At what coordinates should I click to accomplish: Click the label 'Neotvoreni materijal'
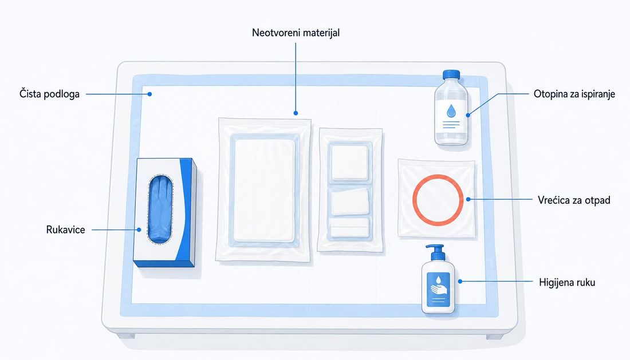point(296,33)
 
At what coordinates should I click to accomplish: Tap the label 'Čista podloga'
point(49,94)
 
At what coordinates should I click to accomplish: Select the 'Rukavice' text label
point(65,230)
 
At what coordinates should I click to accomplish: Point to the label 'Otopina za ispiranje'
point(574,94)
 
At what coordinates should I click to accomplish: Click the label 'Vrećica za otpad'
point(574,200)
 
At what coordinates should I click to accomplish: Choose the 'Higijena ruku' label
point(567,282)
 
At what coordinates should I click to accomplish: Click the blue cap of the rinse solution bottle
point(451,75)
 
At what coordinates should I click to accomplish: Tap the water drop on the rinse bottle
point(451,111)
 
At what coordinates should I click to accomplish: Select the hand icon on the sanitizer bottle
point(438,290)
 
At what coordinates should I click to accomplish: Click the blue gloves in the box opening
point(160,210)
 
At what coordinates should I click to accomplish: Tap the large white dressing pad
point(264,190)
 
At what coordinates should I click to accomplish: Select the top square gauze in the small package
point(349,162)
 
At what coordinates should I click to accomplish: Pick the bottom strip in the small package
point(349,228)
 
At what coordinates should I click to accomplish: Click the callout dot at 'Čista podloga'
point(149,94)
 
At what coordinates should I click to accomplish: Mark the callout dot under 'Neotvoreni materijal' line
point(296,113)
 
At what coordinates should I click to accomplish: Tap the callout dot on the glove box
point(139,230)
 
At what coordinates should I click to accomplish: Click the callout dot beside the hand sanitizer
point(460,282)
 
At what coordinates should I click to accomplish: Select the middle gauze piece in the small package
point(349,201)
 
